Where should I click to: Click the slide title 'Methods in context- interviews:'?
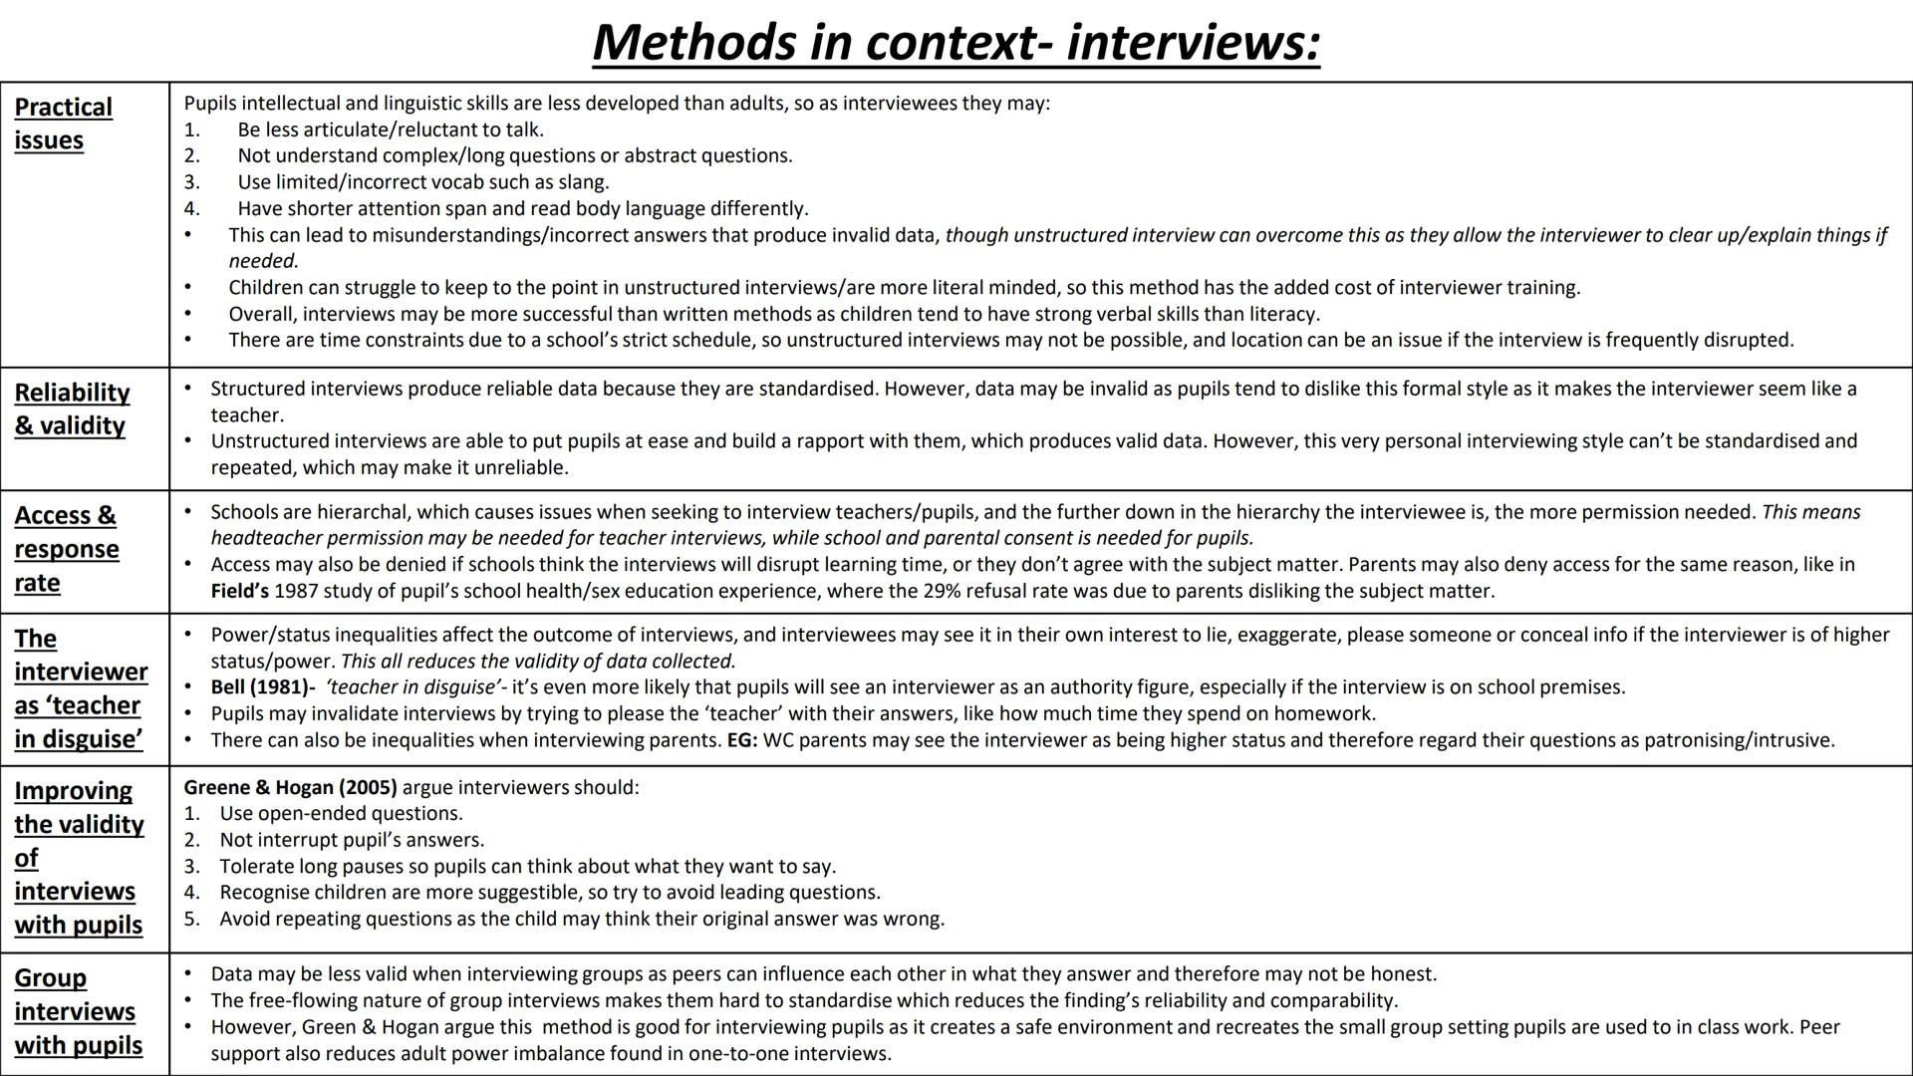[x=956, y=42]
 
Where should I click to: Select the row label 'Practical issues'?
[x=63, y=124]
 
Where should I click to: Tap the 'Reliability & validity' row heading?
[x=72, y=408]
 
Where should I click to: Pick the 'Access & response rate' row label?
[x=66, y=549]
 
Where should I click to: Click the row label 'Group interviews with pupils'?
[x=78, y=1011]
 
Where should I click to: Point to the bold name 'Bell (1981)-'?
[x=262, y=687]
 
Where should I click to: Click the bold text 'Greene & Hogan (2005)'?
[x=290, y=787]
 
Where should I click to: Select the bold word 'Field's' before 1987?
[x=239, y=591]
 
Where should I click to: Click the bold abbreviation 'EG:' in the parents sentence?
[x=742, y=740]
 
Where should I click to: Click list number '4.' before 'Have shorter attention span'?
[x=191, y=208]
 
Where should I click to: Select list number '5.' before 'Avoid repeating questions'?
[x=191, y=919]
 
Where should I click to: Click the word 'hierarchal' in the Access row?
[x=363, y=512]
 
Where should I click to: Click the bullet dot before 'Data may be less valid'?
[x=188, y=973]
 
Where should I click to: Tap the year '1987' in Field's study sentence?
[x=296, y=591]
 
